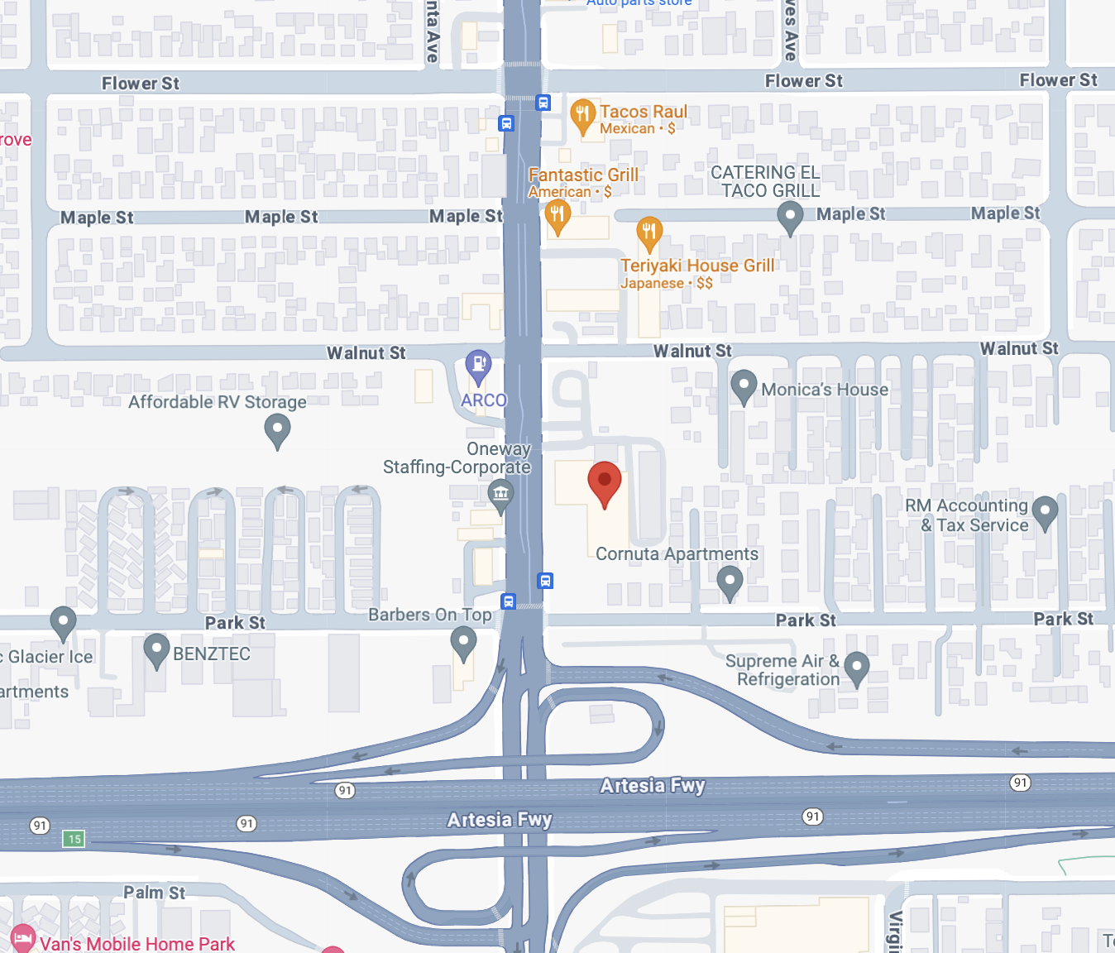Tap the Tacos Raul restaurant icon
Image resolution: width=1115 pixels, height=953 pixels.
582,114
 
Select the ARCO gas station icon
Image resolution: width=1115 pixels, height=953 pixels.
478,364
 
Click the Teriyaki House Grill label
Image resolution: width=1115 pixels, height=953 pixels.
697,266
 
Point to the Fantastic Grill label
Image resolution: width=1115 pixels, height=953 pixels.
583,175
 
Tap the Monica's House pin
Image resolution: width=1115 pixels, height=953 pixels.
744,386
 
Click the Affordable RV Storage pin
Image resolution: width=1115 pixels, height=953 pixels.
277,429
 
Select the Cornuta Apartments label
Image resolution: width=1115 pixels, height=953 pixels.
677,554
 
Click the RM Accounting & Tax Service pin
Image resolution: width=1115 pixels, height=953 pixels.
1045,510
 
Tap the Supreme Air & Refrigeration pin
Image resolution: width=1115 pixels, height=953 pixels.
856,667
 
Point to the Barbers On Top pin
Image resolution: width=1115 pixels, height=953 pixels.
463,642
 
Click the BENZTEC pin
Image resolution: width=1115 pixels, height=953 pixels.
156,649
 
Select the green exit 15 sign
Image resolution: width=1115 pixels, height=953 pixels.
74,839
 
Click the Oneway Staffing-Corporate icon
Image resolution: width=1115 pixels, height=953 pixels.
500,495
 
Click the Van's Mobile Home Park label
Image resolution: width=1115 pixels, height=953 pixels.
137,944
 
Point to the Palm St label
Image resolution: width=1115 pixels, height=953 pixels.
155,893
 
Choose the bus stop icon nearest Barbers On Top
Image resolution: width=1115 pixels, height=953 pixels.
509,601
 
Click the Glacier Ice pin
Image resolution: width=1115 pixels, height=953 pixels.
63,621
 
